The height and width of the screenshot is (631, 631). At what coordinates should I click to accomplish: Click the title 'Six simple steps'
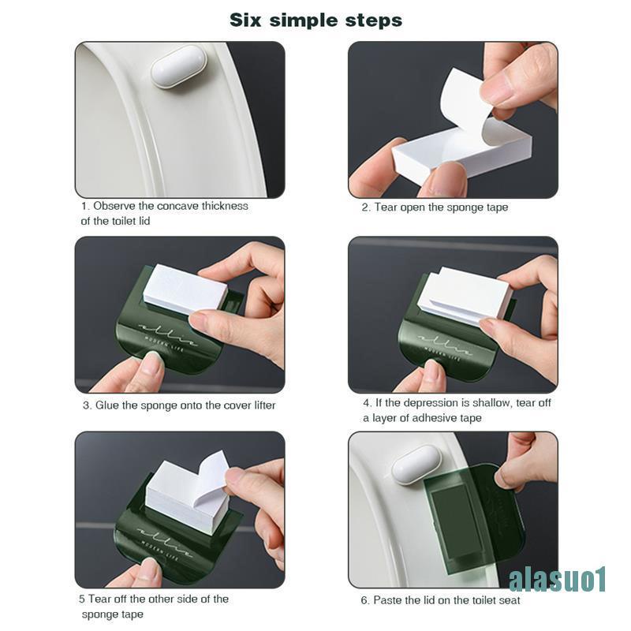coord(315,20)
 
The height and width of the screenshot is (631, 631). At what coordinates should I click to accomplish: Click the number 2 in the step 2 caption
coord(365,207)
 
